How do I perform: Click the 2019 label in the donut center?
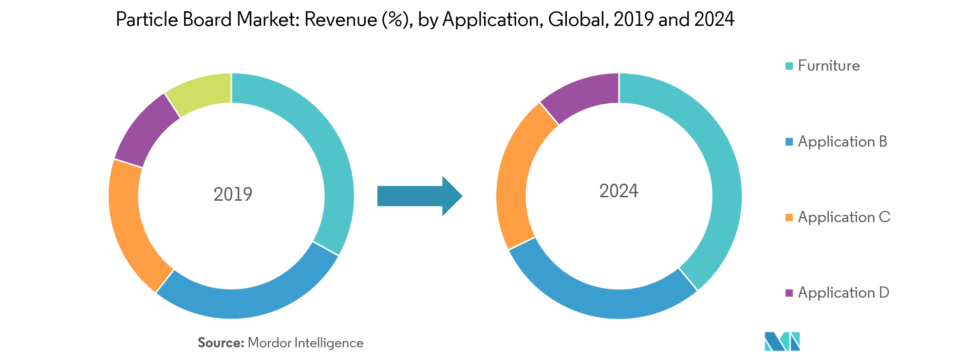tap(233, 194)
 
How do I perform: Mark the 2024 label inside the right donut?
tap(618, 191)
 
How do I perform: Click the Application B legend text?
tap(843, 142)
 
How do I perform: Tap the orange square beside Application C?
tap(789, 217)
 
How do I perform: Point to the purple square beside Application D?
tap(789, 293)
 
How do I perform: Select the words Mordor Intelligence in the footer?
tap(305, 343)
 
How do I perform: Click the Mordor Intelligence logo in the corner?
tap(782, 341)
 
